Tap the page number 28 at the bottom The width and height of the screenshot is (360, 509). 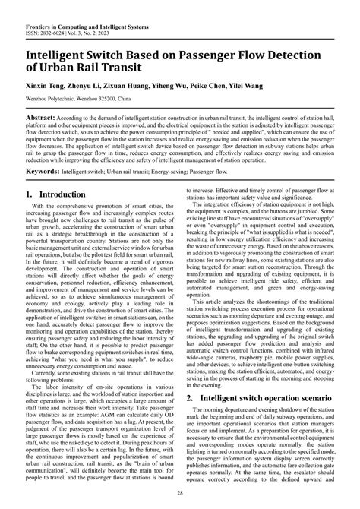tap(180, 494)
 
